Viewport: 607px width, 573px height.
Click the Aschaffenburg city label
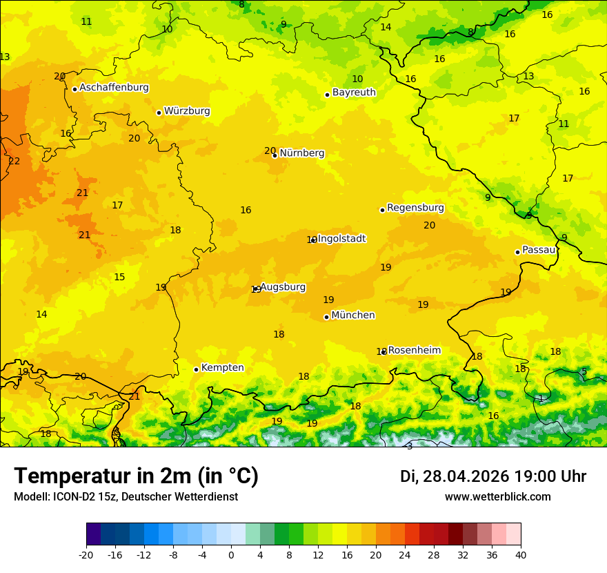click(114, 88)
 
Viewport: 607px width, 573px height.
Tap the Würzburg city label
click(187, 111)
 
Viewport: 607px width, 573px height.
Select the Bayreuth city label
click(354, 93)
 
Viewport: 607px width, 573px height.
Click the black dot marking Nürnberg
click(275, 155)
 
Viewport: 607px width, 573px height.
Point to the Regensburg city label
click(415, 208)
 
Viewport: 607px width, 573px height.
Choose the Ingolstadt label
click(341, 239)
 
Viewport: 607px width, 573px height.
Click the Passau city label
click(539, 250)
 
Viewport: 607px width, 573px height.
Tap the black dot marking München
click(326, 317)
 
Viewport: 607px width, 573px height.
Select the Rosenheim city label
click(414, 351)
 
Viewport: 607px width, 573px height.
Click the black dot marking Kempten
click(196, 369)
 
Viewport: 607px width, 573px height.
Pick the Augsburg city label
click(283, 287)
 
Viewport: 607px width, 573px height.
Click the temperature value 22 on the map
click(14, 162)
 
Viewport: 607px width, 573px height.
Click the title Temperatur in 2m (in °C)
click(136, 476)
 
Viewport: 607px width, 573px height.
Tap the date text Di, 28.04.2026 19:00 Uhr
click(493, 476)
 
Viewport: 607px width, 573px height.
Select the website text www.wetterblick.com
click(497, 497)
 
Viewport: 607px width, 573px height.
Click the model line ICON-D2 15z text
click(126, 497)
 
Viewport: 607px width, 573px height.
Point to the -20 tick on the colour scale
click(86, 554)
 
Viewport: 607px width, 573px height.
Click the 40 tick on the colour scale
click(521, 554)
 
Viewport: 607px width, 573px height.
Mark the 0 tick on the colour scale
click(231, 554)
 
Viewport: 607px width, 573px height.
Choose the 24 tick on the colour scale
click(405, 554)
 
